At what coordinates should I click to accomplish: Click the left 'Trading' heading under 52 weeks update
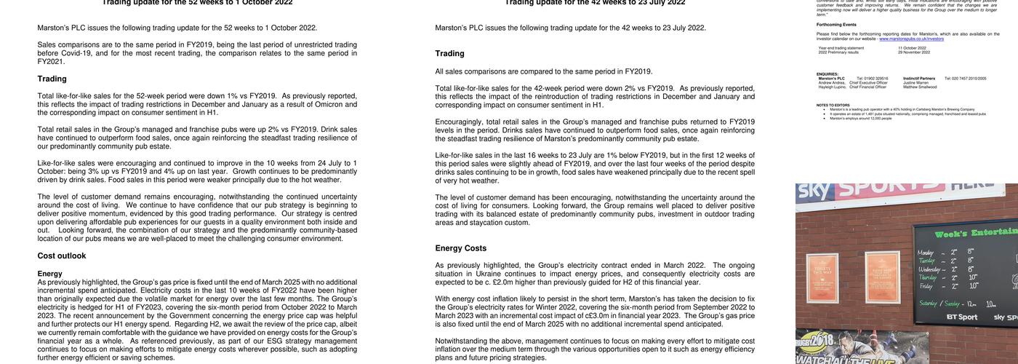point(52,79)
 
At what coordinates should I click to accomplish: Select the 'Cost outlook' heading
point(62,256)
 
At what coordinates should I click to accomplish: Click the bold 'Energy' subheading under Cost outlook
point(49,274)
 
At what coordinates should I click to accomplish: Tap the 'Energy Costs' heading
point(461,248)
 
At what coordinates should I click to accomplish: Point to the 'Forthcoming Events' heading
point(836,24)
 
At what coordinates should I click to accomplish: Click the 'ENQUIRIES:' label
point(827,74)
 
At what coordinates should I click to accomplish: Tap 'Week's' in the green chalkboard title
point(958,234)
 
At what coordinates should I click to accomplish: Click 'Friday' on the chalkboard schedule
point(924,286)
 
